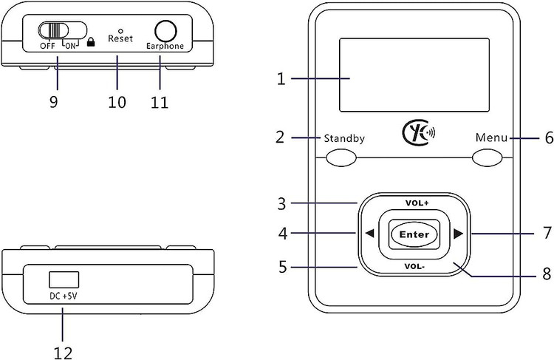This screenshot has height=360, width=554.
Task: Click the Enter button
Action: tap(413, 234)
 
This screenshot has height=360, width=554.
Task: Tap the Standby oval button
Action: tap(341, 157)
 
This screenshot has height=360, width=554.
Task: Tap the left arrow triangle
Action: tap(369, 234)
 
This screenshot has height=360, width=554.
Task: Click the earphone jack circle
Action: tap(166, 31)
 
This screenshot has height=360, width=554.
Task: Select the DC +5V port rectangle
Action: tap(64, 279)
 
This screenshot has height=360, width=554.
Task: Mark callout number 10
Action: tap(117, 101)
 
